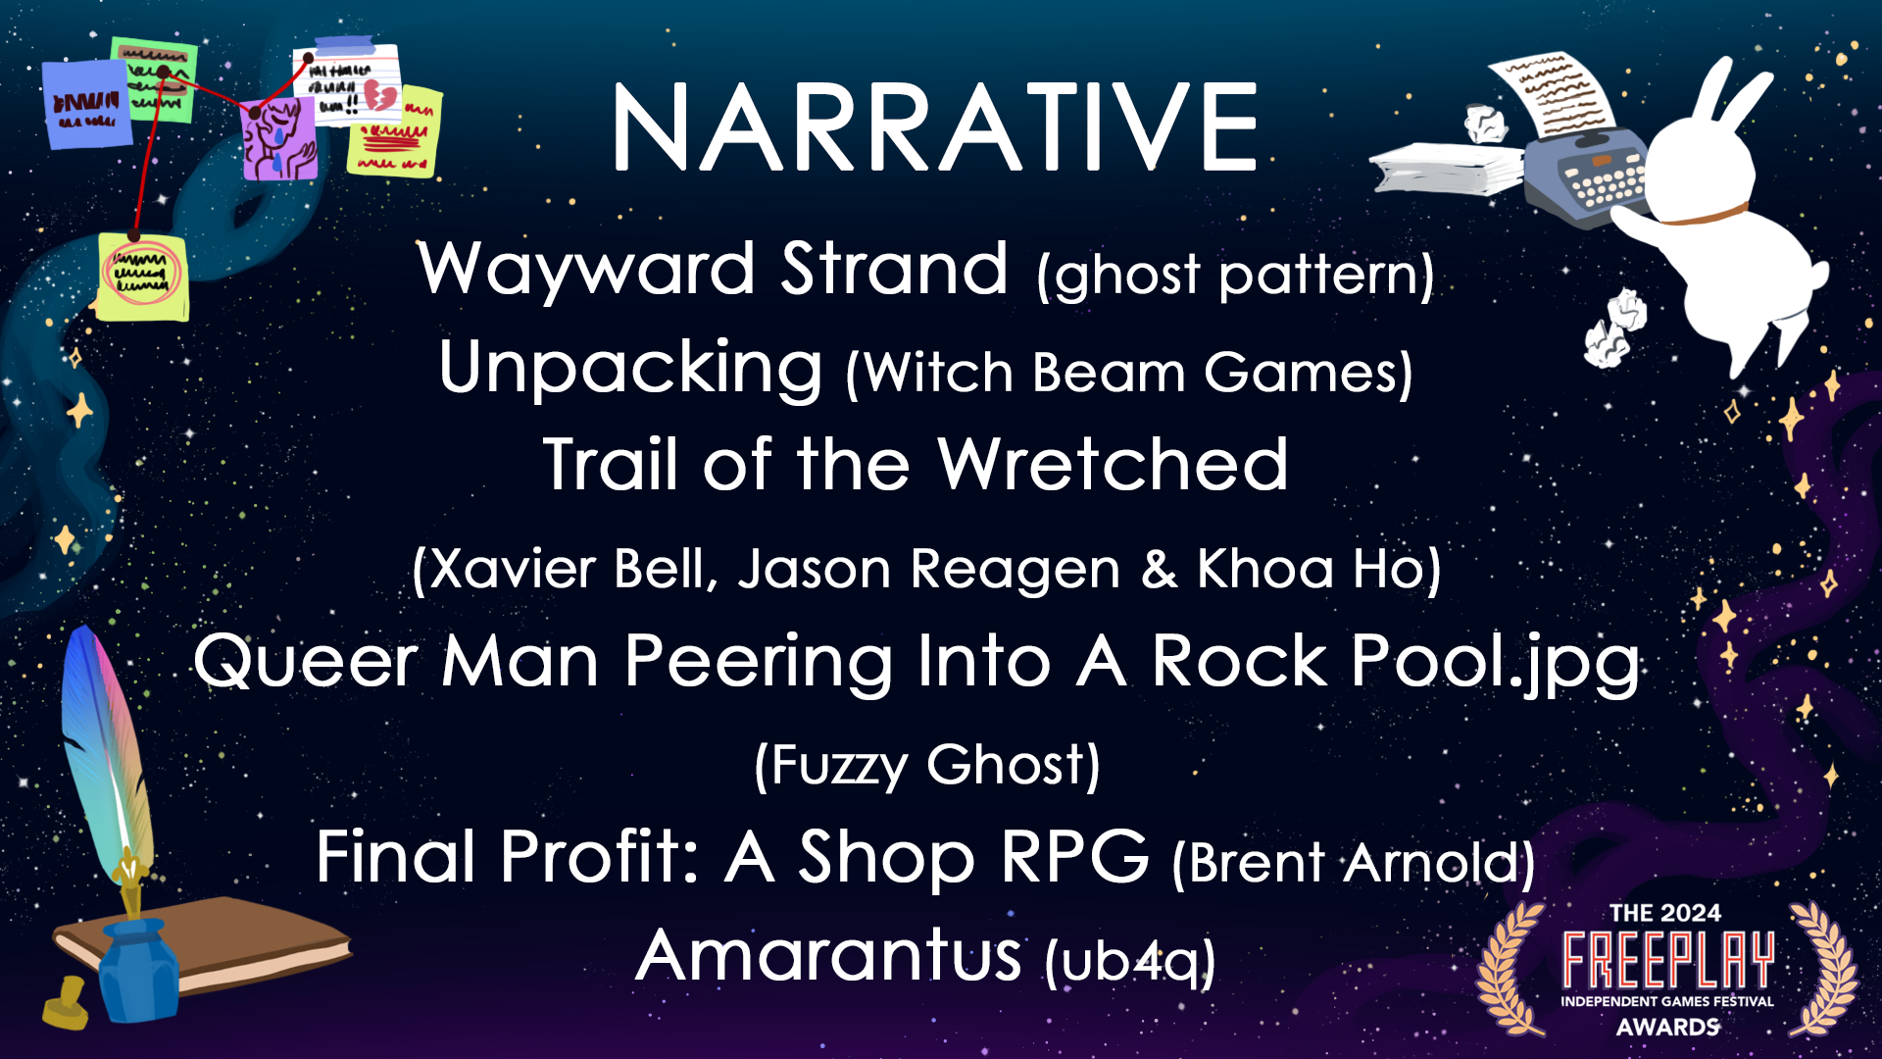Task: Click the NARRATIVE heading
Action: tap(934, 128)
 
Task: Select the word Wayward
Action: tap(586, 269)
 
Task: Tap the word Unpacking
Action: tap(630, 368)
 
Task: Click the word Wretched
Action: tap(1113, 465)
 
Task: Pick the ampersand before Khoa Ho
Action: tap(1160, 569)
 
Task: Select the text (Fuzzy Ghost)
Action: tap(927, 765)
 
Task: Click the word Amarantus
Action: tap(828, 956)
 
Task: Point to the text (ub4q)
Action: tap(1130, 961)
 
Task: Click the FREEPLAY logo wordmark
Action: tap(1667, 959)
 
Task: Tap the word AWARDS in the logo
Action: tap(1667, 1027)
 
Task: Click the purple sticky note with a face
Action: tap(279, 138)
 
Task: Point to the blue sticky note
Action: tap(87, 104)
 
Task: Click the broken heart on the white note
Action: tap(379, 96)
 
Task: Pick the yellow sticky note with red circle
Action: tap(142, 276)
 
